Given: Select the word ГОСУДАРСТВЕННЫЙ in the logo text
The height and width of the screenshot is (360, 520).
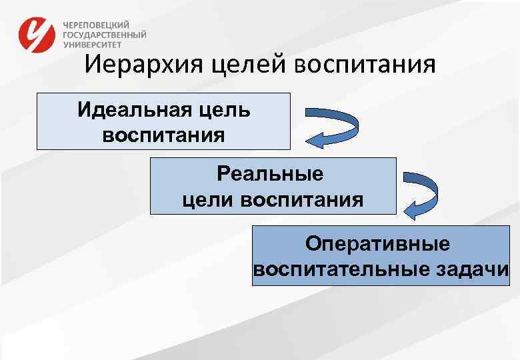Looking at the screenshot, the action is (105, 34).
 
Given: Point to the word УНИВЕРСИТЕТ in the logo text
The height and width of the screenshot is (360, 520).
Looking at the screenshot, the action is (93, 45).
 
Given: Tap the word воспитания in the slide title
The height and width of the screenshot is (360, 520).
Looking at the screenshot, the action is (363, 66).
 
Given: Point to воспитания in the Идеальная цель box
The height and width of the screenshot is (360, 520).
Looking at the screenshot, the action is (164, 135).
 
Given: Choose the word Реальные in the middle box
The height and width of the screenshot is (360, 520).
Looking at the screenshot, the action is (270, 175).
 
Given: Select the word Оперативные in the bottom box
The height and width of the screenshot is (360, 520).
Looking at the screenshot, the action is (378, 243).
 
